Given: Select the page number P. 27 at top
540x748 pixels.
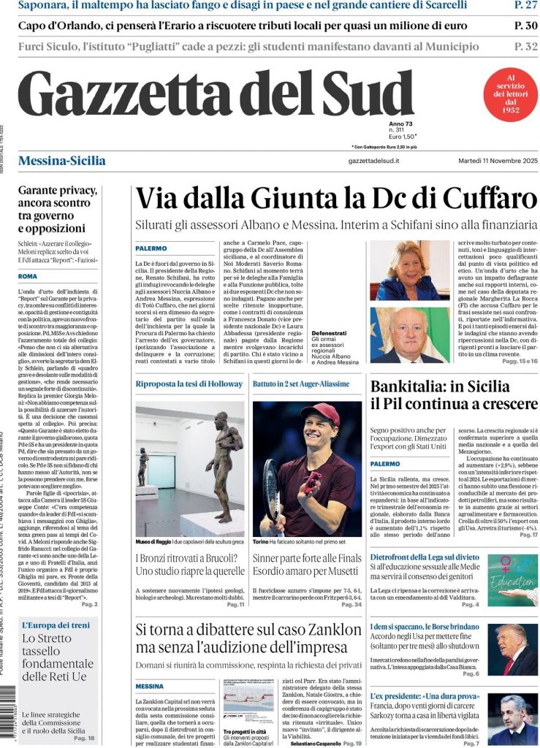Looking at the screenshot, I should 526,6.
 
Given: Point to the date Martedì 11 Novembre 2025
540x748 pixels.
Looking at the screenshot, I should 495,161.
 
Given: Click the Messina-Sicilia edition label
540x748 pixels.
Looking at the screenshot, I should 61,161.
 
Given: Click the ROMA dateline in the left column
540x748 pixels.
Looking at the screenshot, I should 28,276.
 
